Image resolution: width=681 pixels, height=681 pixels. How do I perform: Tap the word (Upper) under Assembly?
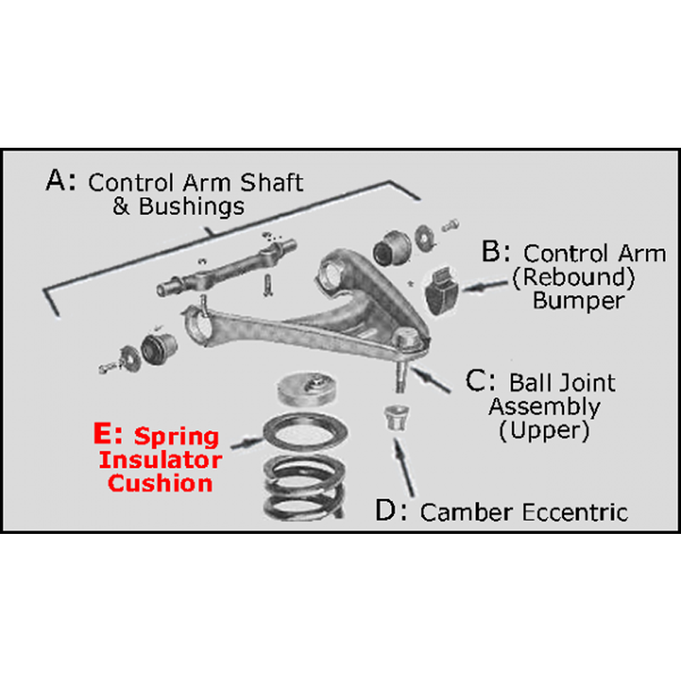[542, 431]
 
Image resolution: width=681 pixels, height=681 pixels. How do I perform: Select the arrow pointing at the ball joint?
[432, 379]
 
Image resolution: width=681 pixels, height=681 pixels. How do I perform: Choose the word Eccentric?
[575, 512]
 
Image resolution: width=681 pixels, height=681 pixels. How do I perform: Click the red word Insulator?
[161, 460]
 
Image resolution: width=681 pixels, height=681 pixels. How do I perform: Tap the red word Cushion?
[161, 484]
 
